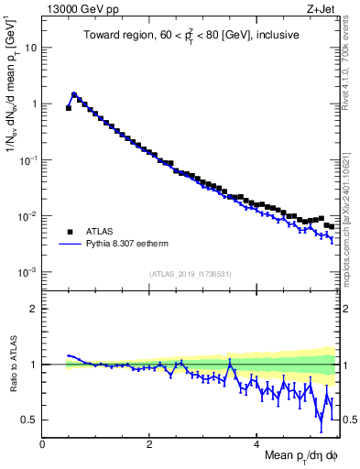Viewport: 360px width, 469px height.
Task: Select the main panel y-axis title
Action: click(x=12, y=87)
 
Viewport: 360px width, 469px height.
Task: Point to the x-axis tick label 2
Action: click(x=149, y=444)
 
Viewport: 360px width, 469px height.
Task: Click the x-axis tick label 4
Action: click(x=256, y=444)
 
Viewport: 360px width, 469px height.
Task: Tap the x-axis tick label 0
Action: click(x=42, y=444)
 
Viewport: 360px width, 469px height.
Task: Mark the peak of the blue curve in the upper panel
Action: click(x=74, y=93)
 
